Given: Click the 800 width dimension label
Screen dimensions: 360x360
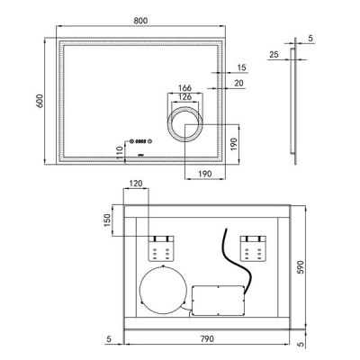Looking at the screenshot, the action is tap(140, 21).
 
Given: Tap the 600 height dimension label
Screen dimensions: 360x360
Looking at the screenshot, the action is tap(40, 101).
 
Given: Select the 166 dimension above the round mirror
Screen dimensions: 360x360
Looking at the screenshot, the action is tap(184, 88).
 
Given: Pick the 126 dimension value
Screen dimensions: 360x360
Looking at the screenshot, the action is tap(184, 97).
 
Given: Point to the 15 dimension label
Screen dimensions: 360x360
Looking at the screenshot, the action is tap(241, 67).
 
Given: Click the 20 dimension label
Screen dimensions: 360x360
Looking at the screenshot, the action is tap(238, 83).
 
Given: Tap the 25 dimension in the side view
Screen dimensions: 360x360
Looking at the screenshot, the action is tap(274, 55).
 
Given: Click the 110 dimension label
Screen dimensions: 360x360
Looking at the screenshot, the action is tap(120, 152).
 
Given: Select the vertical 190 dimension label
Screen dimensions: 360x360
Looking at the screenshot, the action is tap(234, 144).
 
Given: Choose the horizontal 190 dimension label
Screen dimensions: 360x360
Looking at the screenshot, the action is tap(205, 174).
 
